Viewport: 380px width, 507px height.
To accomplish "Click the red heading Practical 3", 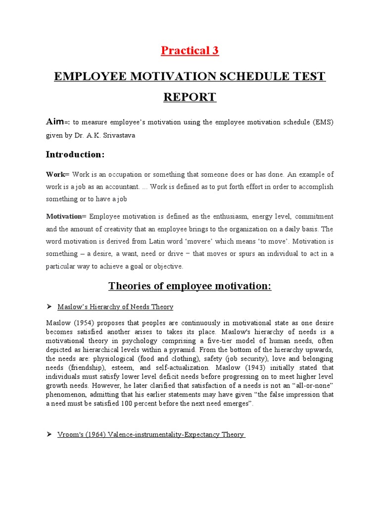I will click(190, 50).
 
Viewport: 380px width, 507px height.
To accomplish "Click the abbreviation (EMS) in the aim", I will click(320, 122).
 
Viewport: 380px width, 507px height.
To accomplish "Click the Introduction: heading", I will click(75, 154).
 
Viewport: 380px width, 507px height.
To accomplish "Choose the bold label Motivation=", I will click(66, 216).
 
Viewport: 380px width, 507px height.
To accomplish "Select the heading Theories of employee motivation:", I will click(190, 286).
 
